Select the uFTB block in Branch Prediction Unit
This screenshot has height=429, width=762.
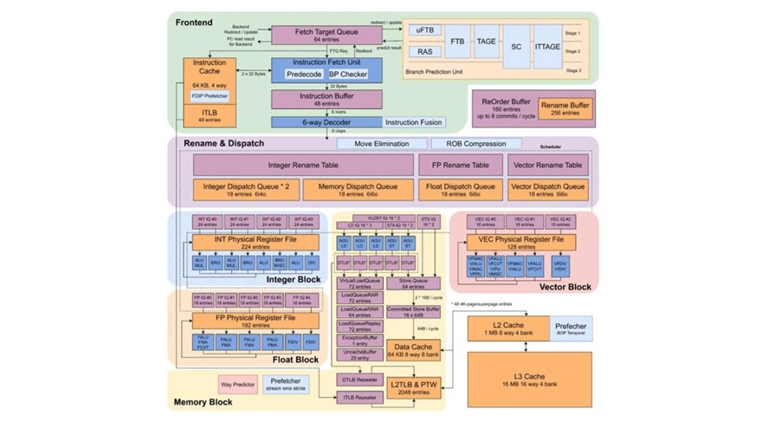425,30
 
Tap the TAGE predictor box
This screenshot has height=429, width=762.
487,41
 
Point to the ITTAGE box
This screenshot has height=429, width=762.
547,41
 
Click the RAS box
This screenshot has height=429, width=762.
425,52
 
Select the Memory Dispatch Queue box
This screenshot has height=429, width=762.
358,190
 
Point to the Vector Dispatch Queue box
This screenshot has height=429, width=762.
548,190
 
